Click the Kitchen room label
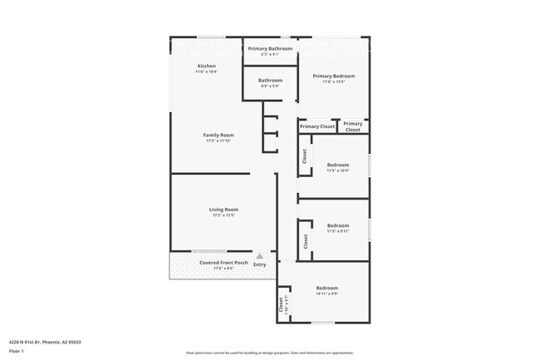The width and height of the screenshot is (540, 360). (x=206, y=66)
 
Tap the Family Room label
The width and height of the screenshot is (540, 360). (x=218, y=135)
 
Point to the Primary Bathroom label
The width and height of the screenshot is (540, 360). (x=270, y=48)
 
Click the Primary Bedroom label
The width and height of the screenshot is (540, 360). (x=328, y=76)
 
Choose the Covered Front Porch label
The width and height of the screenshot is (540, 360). (x=223, y=263)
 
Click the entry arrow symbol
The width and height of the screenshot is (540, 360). (x=259, y=256)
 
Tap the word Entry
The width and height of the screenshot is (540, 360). (x=259, y=264)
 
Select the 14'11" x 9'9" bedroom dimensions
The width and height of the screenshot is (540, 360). (x=326, y=293)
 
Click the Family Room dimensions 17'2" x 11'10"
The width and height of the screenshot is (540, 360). (x=218, y=141)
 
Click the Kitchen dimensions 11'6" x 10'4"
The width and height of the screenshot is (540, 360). (x=206, y=72)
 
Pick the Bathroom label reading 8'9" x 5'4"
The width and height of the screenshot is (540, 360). (x=270, y=86)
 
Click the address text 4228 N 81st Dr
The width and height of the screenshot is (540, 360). (x=45, y=342)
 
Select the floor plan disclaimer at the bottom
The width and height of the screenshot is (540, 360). (x=270, y=353)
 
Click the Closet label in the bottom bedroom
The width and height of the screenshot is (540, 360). (x=281, y=304)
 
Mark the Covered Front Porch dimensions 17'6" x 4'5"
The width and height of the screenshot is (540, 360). (x=223, y=269)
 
